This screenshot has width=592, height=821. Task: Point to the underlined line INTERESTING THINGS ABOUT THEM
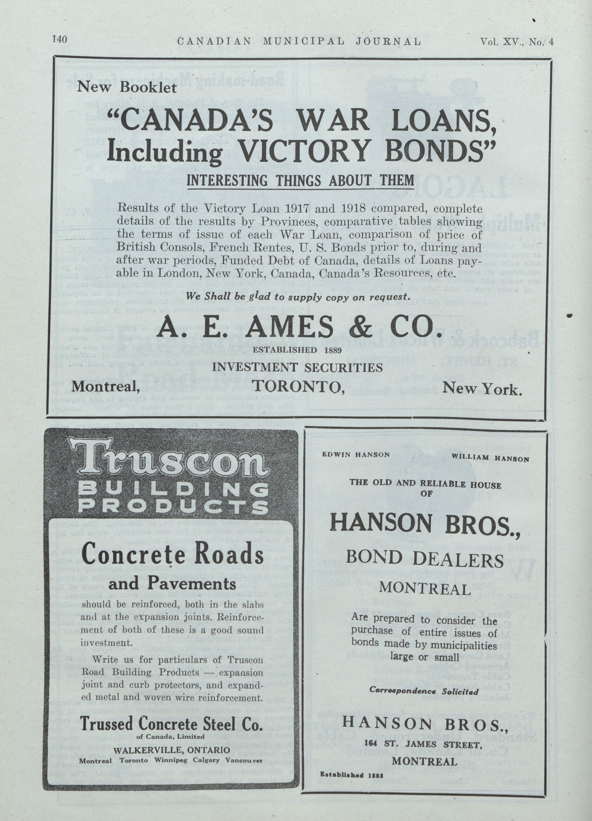pos(300,180)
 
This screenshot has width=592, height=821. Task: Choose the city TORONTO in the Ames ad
pos(298,387)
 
